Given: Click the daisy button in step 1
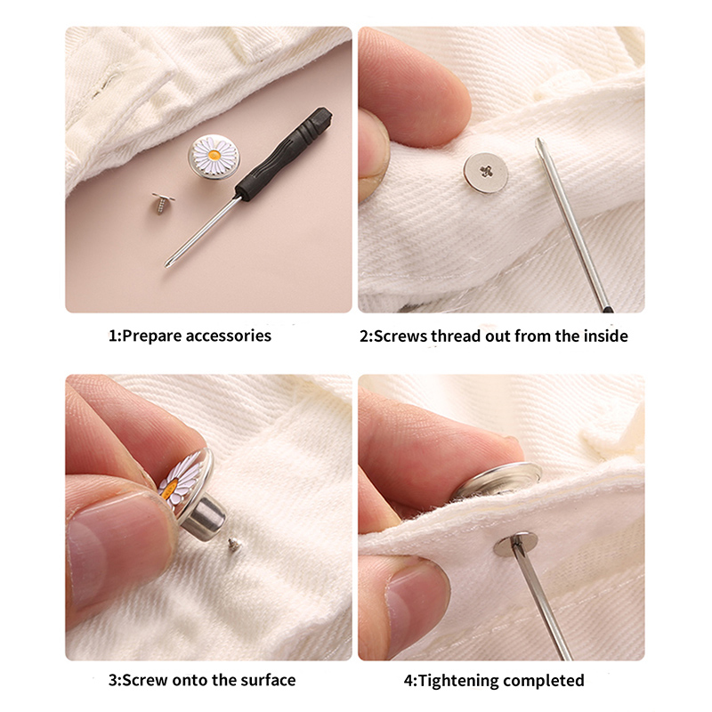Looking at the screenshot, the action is point(214,157).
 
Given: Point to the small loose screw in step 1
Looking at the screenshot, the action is point(162,203).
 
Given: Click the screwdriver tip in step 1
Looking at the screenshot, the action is point(167,264).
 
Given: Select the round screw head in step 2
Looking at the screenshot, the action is point(485,173).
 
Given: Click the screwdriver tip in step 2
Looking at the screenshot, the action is point(539,142).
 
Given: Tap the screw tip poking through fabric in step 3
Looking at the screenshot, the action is point(234,544).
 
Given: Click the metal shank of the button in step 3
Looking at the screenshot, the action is point(206,518).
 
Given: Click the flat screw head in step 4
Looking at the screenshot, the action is point(516,544).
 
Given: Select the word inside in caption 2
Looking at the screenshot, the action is point(606,336).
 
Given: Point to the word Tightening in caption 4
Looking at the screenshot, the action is point(458,681).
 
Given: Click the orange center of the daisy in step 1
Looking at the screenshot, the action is point(214,155).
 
